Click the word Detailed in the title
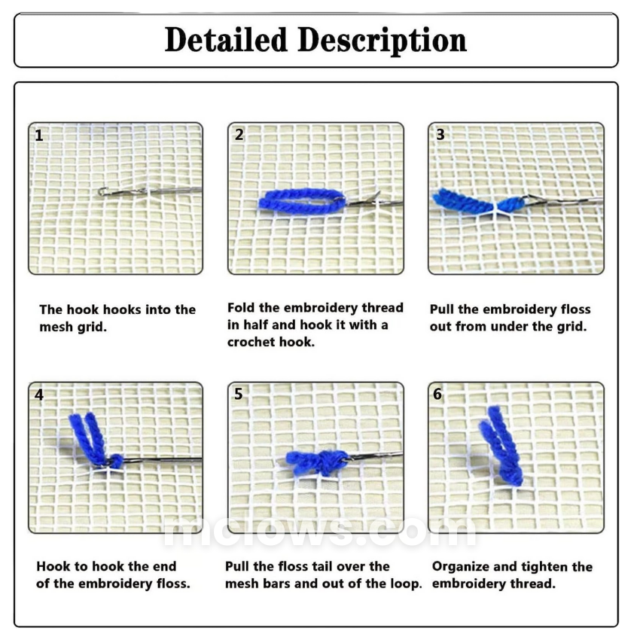coord(226,40)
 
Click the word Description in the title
coord(382,41)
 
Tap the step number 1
coord(38,136)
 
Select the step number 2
coord(239,135)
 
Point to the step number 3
coord(440,135)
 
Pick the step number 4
coord(38,395)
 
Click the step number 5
coord(239,394)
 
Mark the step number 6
coord(437,394)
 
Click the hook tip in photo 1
coord(102,190)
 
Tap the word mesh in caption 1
coord(56,327)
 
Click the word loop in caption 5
coord(406,584)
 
